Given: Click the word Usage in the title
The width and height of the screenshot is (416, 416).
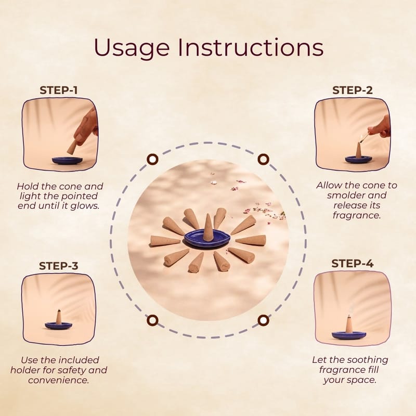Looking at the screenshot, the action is pos(132,48).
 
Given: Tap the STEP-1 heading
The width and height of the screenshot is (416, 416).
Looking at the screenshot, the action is pos(59,90).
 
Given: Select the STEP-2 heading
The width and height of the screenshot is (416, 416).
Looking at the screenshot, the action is pos(353,90).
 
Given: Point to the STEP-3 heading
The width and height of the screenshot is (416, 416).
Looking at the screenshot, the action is pos(59,266).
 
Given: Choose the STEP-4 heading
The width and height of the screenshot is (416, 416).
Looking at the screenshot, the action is pos(353,264).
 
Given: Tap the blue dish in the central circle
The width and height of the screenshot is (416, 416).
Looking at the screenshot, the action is pos(207,238).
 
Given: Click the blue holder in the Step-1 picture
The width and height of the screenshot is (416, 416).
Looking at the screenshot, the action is pos(67,161).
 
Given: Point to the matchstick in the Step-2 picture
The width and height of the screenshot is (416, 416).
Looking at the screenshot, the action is pos(363,138).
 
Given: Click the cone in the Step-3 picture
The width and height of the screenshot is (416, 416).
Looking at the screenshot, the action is pos(59,317).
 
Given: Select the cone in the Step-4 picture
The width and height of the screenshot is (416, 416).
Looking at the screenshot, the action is pos(349,324).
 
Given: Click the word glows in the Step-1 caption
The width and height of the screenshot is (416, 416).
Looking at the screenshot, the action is pos(85,206).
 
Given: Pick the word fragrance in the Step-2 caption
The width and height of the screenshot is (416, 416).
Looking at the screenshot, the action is pos(356,215).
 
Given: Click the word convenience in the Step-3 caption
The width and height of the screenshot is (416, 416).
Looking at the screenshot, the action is pos(58,380).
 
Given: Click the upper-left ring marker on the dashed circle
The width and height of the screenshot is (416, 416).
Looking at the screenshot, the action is pos(152,160).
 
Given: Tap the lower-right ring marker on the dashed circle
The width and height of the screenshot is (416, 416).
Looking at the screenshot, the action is pos(263,320).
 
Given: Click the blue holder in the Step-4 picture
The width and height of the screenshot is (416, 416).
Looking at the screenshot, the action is pos(349,335).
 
